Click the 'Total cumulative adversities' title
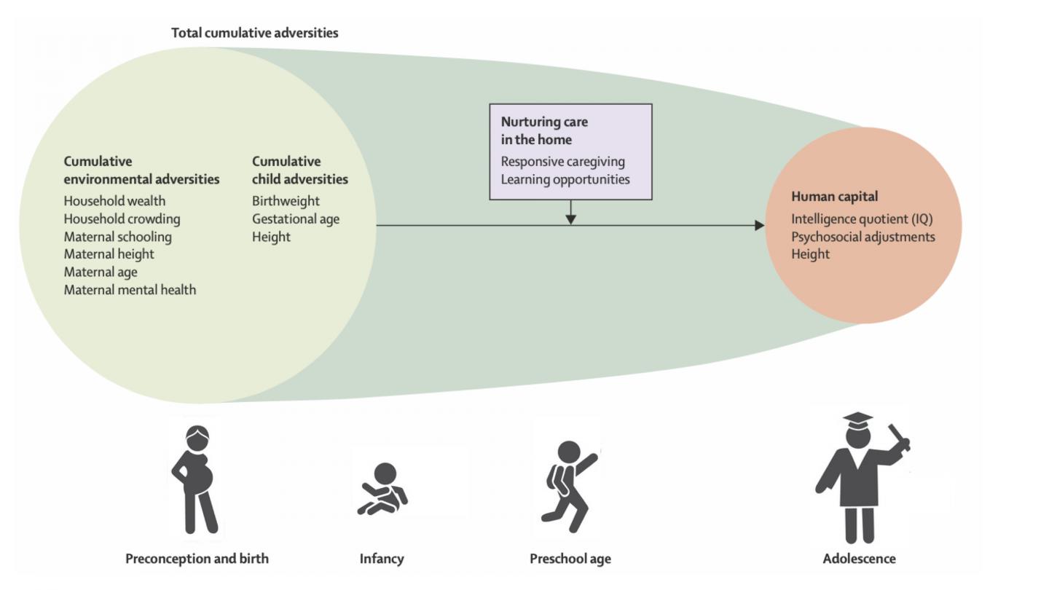tap(254, 33)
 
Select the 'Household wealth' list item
tap(114, 201)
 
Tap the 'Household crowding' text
tap(122, 219)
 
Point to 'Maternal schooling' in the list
tap(117, 237)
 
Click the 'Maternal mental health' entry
tap(130, 290)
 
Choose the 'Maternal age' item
tap(101, 272)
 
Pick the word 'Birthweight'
tap(286, 201)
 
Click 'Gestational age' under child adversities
tap(296, 219)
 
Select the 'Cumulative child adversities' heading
tap(299, 170)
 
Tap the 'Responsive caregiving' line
tap(562, 162)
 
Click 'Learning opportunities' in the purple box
tap(565, 179)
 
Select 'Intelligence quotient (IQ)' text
tap(862, 219)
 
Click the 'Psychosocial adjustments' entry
tap(863, 236)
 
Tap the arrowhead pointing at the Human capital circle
tap(760, 225)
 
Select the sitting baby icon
tap(382, 489)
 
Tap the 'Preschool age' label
tap(570, 559)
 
